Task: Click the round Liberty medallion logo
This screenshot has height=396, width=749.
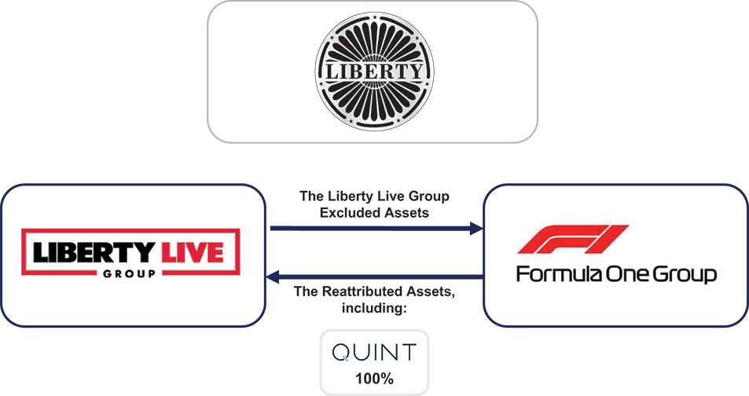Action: (373, 72)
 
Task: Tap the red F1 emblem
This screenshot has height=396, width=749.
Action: (572, 239)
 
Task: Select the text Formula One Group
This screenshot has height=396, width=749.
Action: (616, 275)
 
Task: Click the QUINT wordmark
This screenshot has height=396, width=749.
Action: (374, 353)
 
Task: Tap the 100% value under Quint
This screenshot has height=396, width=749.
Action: (374, 378)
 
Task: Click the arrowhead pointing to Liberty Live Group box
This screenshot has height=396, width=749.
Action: (274, 276)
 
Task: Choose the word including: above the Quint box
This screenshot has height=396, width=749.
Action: (374, 309)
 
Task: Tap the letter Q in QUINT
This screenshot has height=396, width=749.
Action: (341, 353)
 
